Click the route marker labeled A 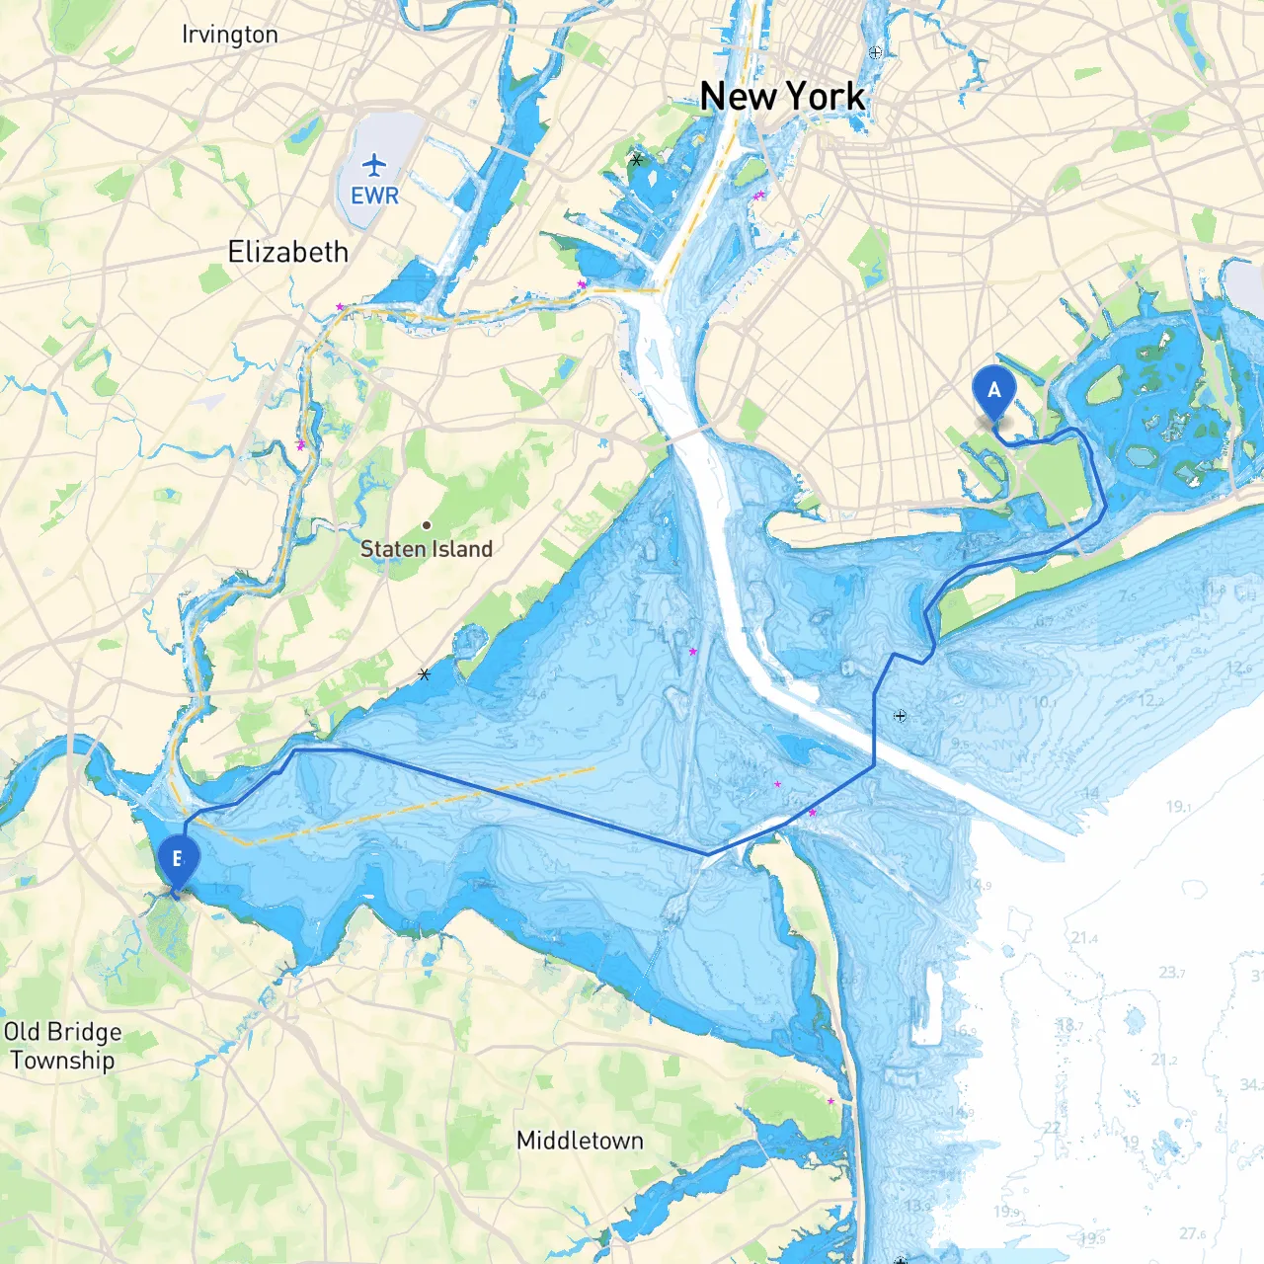pos(993,391)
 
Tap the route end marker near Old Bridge pos(178,860)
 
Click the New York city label pos(782,97)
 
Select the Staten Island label pos(426,549)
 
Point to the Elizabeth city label pos(287,252)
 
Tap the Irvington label pos(230,35)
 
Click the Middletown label pos(580,1141)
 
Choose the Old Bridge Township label pos(62,1046)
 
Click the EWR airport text pos(374,196)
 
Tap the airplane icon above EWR pos(374,164)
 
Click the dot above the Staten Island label pos(427,525)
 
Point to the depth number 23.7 pos(1171,973)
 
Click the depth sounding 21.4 pos(1083,937)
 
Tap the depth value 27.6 pos(1192,1233)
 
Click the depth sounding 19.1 pos(1178,807)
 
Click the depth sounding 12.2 pos(1150,700)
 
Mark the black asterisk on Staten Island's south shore pos(425,674)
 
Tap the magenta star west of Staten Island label pos(300,445)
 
